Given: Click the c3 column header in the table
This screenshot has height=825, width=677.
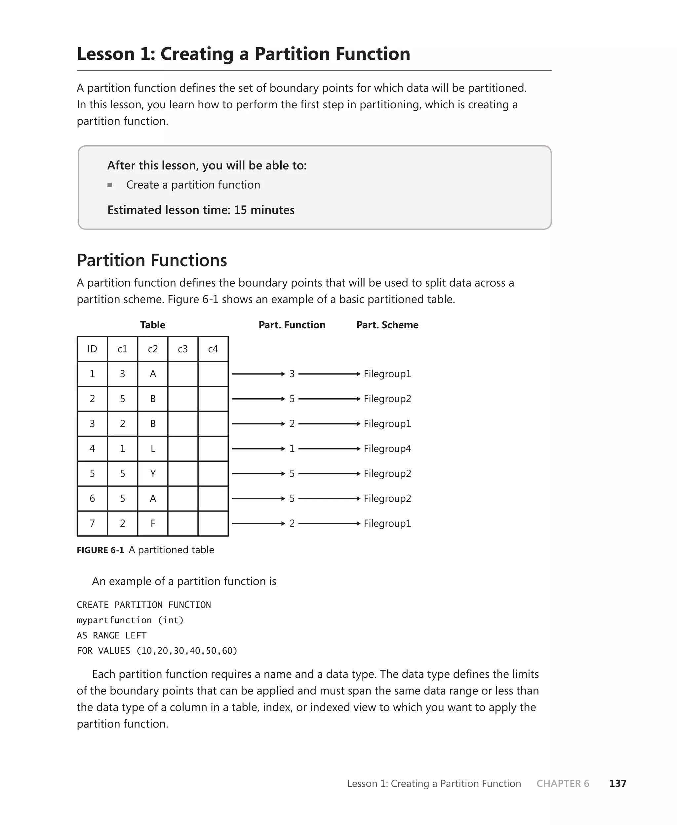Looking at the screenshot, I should click(x=182, y=349).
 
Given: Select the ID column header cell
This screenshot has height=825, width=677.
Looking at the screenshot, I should click(x=92, y=349).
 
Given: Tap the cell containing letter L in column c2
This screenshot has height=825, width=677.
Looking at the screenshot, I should click(x=152, y=449).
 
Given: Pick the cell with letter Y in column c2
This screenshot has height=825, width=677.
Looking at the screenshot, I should click(x=152, y=474).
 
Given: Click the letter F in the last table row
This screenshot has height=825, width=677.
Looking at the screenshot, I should click(x=152, y=523).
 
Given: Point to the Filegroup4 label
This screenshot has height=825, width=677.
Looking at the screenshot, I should click(x=387, y=449).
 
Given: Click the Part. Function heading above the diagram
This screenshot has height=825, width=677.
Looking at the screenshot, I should click(x=292, y=325).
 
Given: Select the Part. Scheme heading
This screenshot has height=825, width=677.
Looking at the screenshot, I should click(x=387, y=325).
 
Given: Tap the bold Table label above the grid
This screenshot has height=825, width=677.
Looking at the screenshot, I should click(x=152, y=325).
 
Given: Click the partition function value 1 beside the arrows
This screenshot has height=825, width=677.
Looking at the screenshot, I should click(x=292, y=449).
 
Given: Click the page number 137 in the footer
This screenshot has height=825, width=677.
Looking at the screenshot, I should click(x=617, y=783).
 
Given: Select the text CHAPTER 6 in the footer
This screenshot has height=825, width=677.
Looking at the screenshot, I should click(x=562, y=783).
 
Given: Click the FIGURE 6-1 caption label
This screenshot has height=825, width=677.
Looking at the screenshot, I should click(x=100, y=550).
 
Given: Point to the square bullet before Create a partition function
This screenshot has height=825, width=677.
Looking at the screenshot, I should click(x=110, y=185).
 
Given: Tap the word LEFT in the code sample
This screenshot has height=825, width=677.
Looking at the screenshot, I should click(x=136, y=635).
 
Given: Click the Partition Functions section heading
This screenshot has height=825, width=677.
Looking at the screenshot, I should click(x=152, y=260).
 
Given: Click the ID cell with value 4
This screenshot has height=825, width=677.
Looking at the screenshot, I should click(x=92, y=449).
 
